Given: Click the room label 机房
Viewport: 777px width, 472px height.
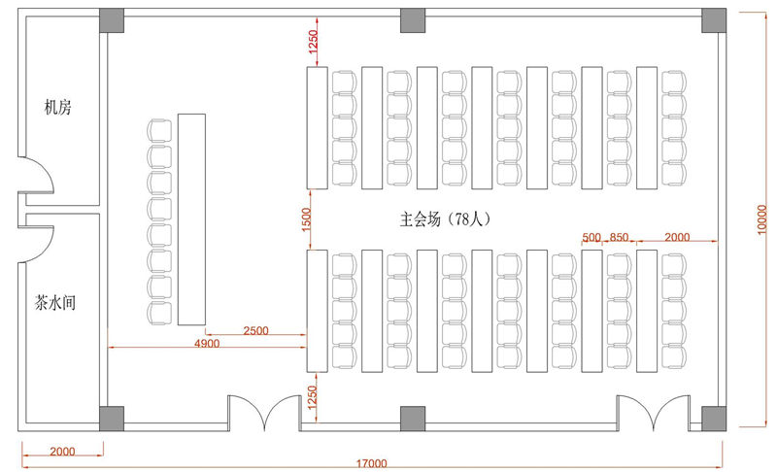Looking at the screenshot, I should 57,107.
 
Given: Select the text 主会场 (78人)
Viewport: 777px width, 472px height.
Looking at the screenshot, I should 446,219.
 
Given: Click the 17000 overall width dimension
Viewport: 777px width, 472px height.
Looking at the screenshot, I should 370,462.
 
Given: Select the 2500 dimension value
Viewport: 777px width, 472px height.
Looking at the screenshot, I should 255,331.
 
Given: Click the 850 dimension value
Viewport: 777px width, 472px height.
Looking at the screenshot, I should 620,238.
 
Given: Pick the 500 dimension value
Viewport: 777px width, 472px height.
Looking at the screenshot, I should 591,238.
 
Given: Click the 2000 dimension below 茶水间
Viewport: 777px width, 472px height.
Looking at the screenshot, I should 61,451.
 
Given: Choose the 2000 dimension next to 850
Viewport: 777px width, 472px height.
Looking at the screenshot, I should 677,238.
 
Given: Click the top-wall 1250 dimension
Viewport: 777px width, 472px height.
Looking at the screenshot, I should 313,41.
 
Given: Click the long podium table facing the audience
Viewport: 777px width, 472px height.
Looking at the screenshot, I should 192,219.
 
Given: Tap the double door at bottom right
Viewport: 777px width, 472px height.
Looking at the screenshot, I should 654,412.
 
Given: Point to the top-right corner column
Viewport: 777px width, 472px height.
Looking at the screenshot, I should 714,20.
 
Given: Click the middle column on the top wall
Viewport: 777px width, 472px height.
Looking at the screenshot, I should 413,20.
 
